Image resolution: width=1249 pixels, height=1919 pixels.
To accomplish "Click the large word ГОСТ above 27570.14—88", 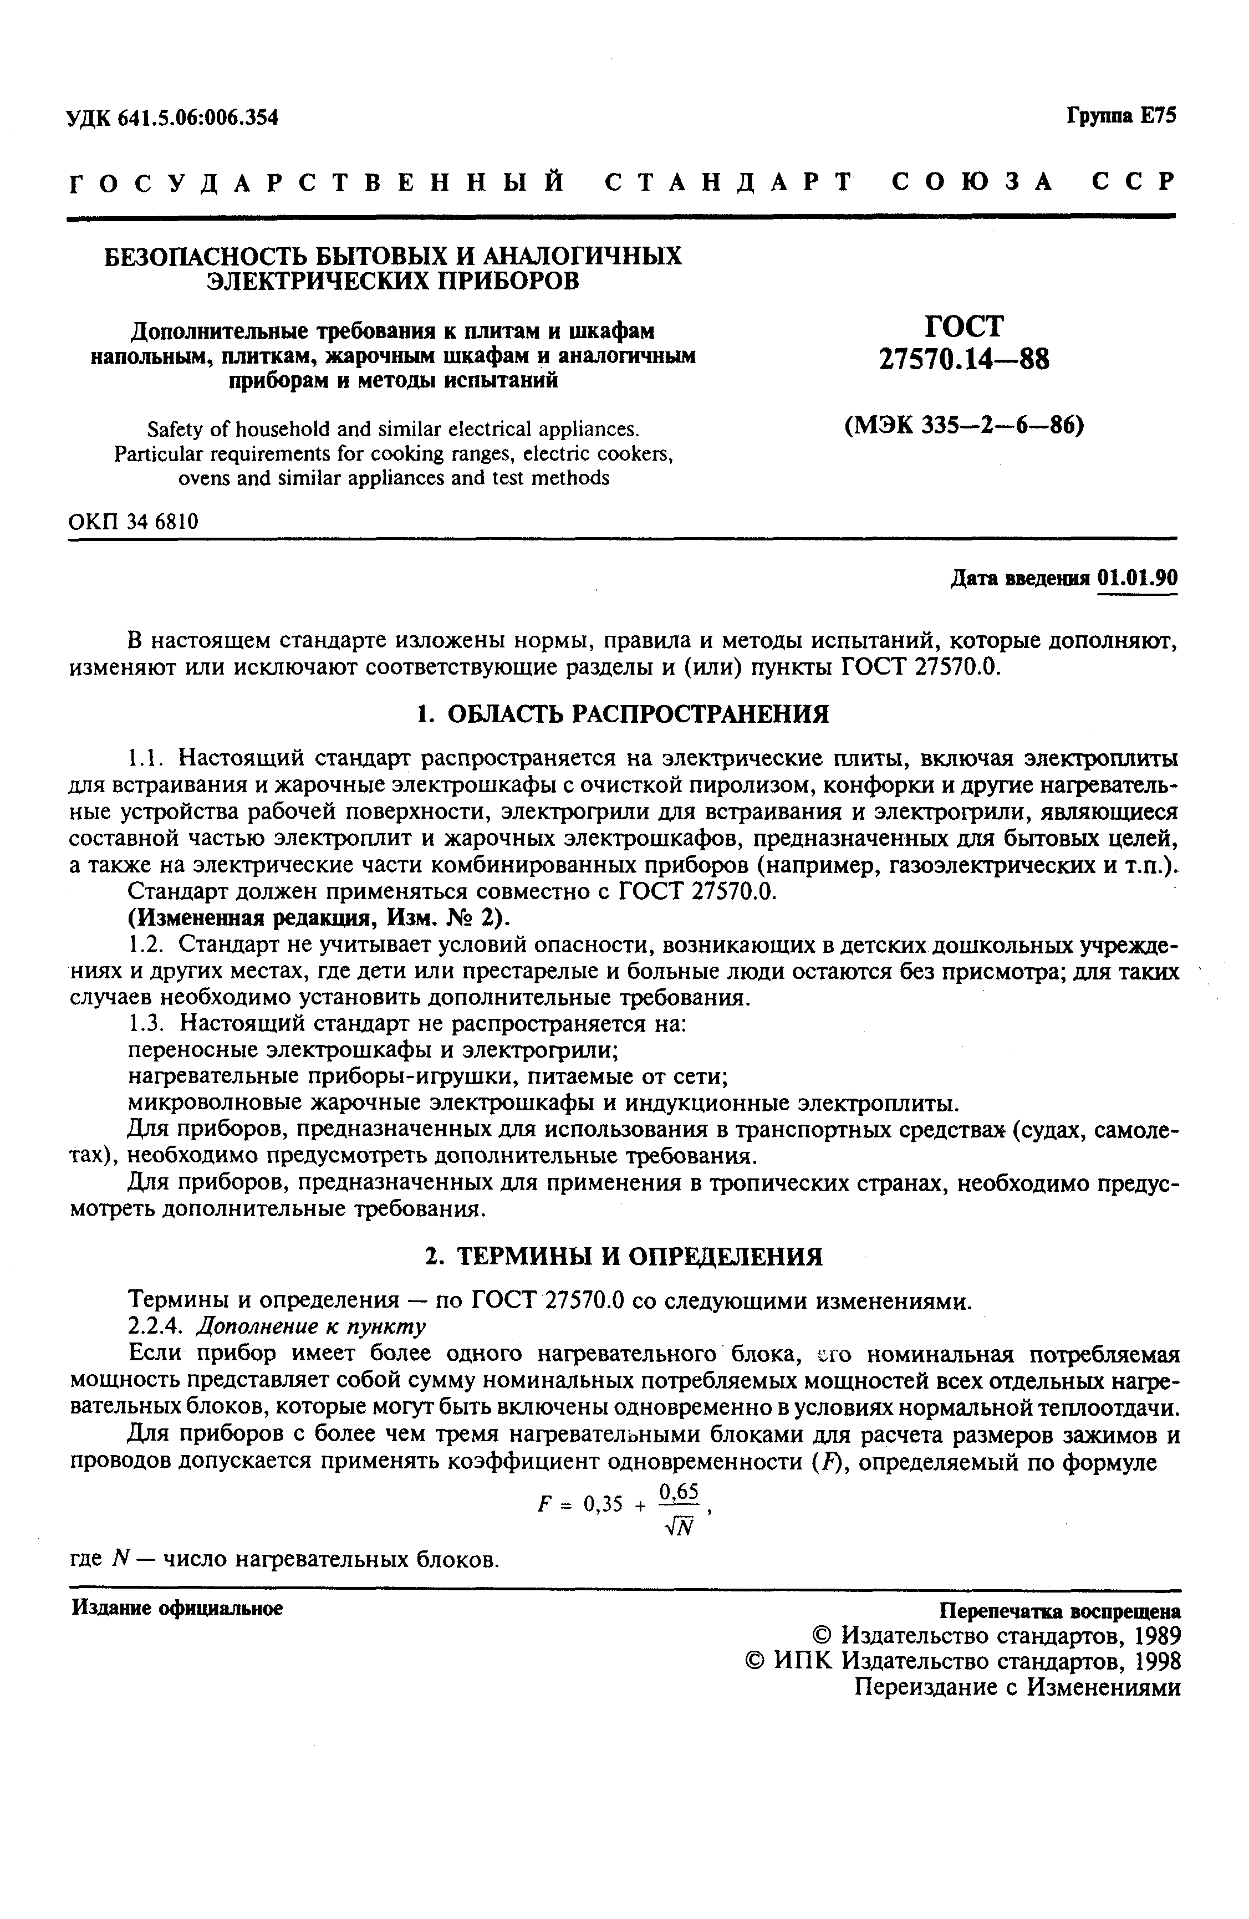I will [x=965, y=326].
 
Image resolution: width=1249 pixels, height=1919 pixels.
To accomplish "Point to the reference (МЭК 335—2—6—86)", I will [x=963, y=424].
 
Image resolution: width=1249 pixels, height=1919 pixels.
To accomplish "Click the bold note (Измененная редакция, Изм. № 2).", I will [x=320, y=918].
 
